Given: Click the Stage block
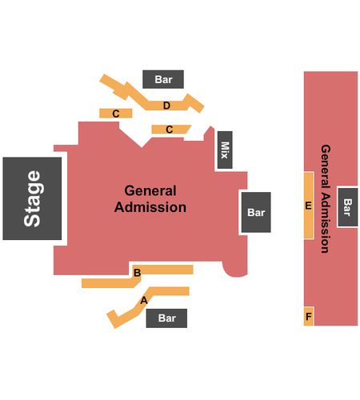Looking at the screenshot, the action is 32,198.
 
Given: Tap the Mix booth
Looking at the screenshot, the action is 225,150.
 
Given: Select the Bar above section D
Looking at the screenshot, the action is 163,79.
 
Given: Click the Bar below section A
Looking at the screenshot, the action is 166,318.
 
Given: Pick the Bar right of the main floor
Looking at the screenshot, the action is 256,212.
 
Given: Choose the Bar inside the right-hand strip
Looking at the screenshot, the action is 348,207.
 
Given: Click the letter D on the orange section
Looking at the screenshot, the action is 166,106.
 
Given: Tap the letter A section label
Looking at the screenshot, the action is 144,301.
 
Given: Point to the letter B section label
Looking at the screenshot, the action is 137,273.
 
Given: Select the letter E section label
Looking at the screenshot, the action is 308,206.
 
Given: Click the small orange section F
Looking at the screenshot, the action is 309,316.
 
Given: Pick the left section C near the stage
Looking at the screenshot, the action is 116,114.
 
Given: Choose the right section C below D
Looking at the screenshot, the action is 170,130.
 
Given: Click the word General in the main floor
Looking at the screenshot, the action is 150,191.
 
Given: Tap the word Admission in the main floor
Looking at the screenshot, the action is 150,207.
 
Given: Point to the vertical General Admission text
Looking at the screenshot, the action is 326,198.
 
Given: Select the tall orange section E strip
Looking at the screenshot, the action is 309,206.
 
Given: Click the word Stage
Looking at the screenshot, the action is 32,198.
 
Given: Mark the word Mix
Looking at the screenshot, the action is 225,150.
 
